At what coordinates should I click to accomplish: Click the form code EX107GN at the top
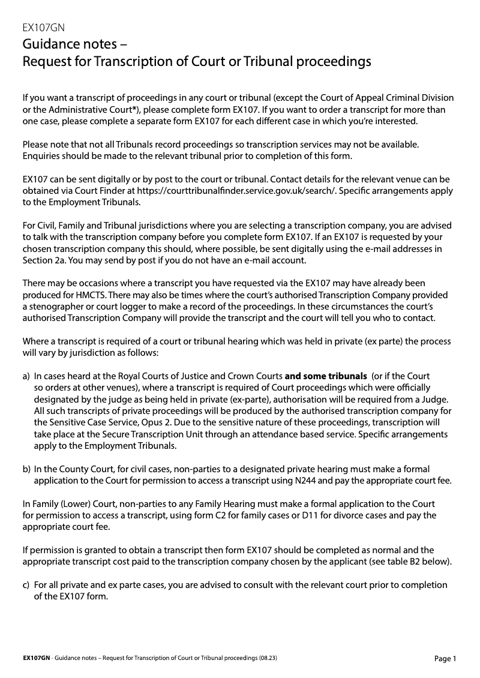coord(43,28)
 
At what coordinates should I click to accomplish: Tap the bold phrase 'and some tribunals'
coord(326,377)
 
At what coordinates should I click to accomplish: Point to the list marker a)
coord(26,377)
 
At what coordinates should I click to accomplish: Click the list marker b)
coord(26,469)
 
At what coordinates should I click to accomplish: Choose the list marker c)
coord(26,584)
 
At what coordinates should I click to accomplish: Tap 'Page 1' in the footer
coord(445,659)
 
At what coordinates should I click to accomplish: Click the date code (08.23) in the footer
coord(268,658)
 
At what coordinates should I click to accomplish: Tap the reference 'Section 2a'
coord(44,260)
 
